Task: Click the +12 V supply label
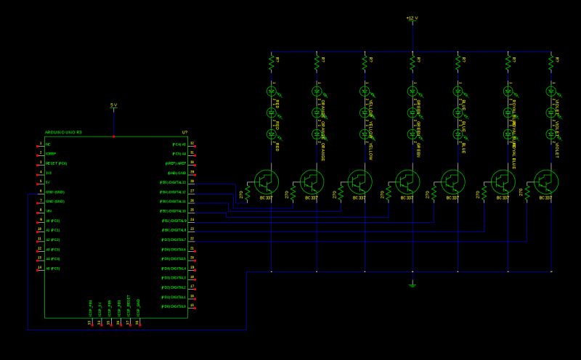tap(412, 17)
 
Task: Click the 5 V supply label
tap(113, 105)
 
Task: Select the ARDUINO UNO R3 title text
tap(63, 133)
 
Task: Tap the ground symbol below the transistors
tap(412, 285)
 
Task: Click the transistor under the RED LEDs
tap(266, 181)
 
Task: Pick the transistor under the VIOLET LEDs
tap(546, 181)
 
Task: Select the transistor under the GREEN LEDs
tap(407, 181)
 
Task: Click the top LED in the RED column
tap(271, 91)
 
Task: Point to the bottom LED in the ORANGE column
tap(317, 134)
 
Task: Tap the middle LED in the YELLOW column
tap(365, 112)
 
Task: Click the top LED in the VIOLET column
tap(551, 91)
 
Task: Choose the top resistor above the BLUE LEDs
tap(458, 65)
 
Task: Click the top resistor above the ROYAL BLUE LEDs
tap(506, 65)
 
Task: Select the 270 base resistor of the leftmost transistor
tap(247, 193)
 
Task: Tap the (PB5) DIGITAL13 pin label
tap(174, 182)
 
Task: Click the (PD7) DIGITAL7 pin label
tap(174, 239)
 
